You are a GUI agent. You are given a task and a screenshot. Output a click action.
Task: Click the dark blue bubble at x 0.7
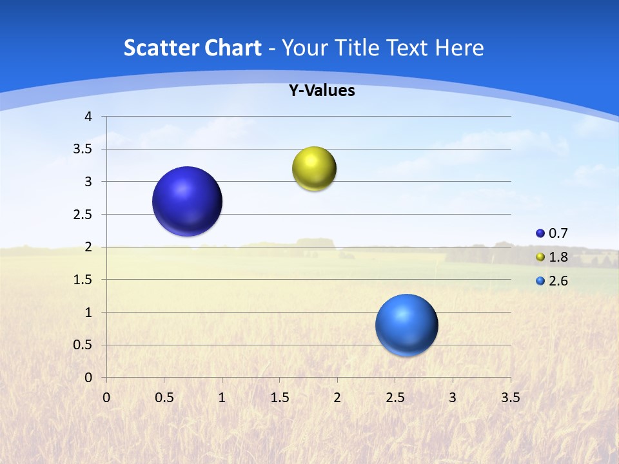click(x=187, y=201)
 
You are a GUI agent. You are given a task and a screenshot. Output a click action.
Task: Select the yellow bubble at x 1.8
click(x=314, y=169)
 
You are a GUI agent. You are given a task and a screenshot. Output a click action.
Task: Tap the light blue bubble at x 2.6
click(x=406, y=325)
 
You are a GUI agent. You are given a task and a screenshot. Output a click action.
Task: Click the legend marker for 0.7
click(x=540, y=233)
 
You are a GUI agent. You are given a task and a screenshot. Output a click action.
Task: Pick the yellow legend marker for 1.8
click(x=540, y=257)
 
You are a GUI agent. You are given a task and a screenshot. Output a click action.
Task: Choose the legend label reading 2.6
click(x=558, y=281)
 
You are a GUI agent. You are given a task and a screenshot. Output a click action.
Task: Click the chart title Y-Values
click(x=322, y=91)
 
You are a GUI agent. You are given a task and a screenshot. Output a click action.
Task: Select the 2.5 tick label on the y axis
click(x=84, y=215)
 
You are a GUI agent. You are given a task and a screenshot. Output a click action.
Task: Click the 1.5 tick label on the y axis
click(x=84, y=280)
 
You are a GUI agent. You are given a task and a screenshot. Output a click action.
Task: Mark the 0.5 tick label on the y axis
click(x=84, y=345)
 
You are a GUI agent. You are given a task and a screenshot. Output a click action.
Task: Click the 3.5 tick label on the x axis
click(x=510, y=398)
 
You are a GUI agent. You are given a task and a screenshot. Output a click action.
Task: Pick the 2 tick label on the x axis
click(x=337, y=398)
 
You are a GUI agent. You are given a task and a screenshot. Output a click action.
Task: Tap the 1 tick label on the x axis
click(x=222, y=398)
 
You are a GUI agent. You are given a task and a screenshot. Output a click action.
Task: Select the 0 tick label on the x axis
click(x=106, y=398)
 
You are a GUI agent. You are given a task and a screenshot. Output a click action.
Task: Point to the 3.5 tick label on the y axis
click(x=84, y=150)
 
